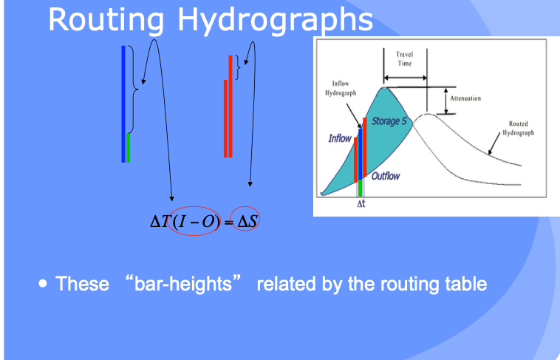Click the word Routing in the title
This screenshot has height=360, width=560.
(x=106, y=21)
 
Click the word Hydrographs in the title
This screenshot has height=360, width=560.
(x=275, y=21)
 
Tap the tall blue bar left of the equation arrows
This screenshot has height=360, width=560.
(x=123, y=103)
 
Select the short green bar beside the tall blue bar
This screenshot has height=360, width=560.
(x=129, y=148)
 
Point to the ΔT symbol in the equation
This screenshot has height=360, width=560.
(x=159, y=222)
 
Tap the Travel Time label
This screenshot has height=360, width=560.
(x=405, y=58)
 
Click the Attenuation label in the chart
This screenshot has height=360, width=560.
(x=465, y=98)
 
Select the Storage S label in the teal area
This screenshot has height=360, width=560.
(x=389, y=121)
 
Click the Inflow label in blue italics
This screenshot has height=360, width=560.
(x=340, y=138)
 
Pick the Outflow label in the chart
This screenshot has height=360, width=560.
(x=386, y=176)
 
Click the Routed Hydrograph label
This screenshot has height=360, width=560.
(x=518, y=128)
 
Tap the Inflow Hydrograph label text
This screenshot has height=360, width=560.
(x=341, y=88)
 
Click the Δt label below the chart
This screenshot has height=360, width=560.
(x=361, y=204)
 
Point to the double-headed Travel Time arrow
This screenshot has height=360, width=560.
(x=406, y=78)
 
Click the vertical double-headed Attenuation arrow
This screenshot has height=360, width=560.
(x=446, y=101)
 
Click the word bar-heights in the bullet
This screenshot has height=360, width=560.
(x=183, y=284)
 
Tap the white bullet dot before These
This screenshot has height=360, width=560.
(x=43, y=284)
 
